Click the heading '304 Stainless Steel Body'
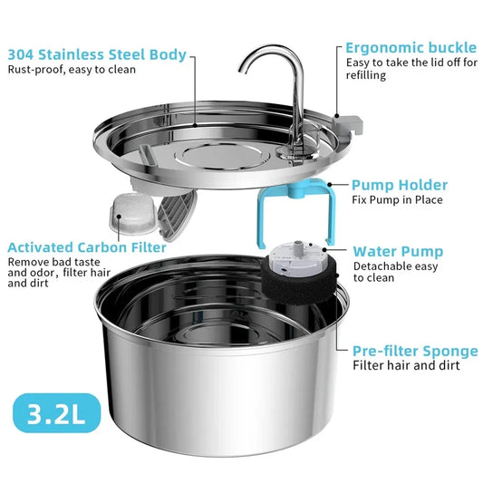tap(97, 54)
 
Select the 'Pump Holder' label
tap(400, 185)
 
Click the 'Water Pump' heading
tap(398, 251)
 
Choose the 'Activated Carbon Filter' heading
tap(86, 246)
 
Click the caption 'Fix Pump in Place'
tap(398, 200)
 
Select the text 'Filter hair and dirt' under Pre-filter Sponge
tap(406, 365)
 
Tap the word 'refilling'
tap(367, 76)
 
